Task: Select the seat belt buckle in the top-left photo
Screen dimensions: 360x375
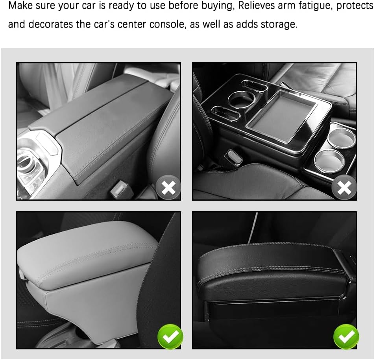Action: coord(118,190)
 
